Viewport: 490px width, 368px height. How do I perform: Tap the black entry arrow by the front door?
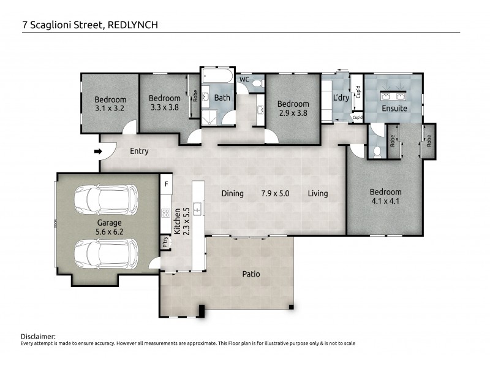point(97,151)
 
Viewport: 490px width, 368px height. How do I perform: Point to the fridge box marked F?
point(165,183)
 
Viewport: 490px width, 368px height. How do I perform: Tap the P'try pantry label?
point(165,242)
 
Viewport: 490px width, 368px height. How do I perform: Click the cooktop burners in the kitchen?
point(165,213)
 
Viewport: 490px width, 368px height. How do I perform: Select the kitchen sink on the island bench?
point(198,210)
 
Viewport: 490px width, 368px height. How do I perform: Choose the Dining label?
point(232,194)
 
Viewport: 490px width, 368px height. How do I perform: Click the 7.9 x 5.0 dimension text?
point(275,194)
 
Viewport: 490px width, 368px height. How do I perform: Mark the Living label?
point(318,194)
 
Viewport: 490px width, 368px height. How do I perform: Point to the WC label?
point(243,80)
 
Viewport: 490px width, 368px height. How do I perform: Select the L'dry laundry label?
point(340,98)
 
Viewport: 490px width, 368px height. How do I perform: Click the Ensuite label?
point(394,109)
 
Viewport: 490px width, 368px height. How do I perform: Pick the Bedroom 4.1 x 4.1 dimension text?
point(385,201)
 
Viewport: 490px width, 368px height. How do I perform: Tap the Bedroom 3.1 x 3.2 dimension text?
point(110,109)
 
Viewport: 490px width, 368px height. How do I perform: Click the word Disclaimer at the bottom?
point(38,337)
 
